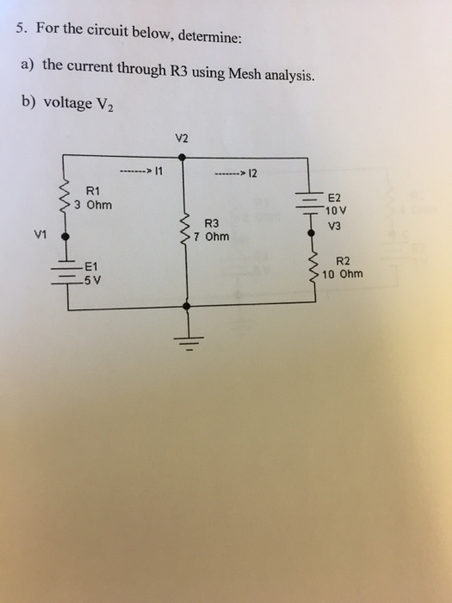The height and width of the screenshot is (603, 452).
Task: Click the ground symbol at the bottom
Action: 183,341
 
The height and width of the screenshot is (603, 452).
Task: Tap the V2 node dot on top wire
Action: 181,158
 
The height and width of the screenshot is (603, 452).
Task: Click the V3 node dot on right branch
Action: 311,231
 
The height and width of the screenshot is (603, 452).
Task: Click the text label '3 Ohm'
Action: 94,205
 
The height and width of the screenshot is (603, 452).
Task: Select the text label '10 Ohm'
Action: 343,275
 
